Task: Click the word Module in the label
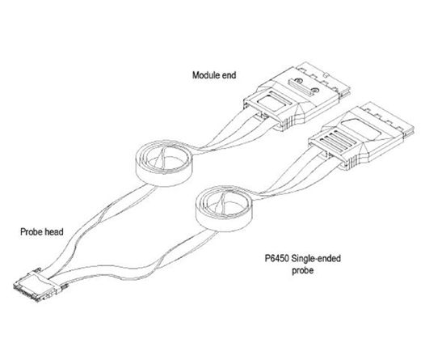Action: [206, 75]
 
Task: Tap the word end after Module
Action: [229, 75]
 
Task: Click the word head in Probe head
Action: [53, 231]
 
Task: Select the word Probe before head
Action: [30, 231]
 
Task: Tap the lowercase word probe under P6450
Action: [303, 270]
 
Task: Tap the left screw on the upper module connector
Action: [298, 80]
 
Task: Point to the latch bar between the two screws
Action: [302, 87]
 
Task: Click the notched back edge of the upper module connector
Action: [325, 78]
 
